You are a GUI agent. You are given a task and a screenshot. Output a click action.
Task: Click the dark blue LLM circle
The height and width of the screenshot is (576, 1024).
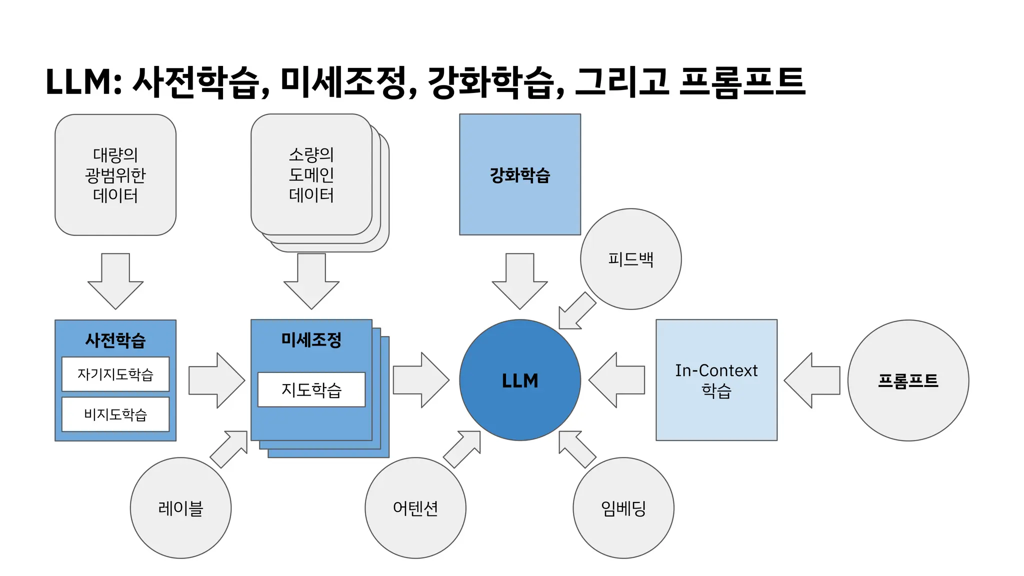click(x=519, y=380)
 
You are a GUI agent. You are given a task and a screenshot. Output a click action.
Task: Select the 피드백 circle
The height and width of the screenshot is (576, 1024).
click(x=630, y=259)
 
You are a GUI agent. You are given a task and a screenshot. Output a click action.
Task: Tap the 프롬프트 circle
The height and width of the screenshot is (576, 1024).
click(x=908, y=380)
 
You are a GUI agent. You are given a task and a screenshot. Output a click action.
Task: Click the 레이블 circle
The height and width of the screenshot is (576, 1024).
click(x=180, y=508)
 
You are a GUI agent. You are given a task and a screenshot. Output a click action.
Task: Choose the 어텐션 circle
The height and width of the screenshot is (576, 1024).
click(x=415, y=508)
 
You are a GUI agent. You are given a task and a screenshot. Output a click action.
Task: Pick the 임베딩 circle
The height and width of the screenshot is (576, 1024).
click(x=623, y=508)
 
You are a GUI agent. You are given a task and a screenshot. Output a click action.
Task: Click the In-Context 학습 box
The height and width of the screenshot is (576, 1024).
click(x=716, y=380)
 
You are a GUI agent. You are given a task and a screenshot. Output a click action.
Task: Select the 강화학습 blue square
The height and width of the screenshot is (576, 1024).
click(x=519, y=174)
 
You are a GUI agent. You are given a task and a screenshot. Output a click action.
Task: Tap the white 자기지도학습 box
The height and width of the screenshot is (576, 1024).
click(x=115, y=374)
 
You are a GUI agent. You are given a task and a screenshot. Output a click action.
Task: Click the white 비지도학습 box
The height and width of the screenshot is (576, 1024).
click(x=115, y=414)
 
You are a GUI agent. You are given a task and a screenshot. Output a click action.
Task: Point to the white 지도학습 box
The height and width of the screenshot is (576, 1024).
click(x=311, y=389)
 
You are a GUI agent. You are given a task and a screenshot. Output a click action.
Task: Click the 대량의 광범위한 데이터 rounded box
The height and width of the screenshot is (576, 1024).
click(x=115, y=175)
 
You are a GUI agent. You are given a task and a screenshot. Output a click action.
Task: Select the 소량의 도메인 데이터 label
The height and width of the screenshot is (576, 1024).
click(x=311, y=174)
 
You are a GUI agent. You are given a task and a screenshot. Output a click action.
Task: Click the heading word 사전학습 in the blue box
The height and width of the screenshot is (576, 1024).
click(x=115, y=340)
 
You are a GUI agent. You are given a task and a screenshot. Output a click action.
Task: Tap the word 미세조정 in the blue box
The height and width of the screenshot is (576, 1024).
click(x=311, y=339)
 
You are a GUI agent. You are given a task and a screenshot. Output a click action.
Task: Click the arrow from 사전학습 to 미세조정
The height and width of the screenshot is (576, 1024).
click(x=216, y=380)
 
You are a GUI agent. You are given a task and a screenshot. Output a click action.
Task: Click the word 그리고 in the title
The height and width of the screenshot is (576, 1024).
click(x=621, y=81)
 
